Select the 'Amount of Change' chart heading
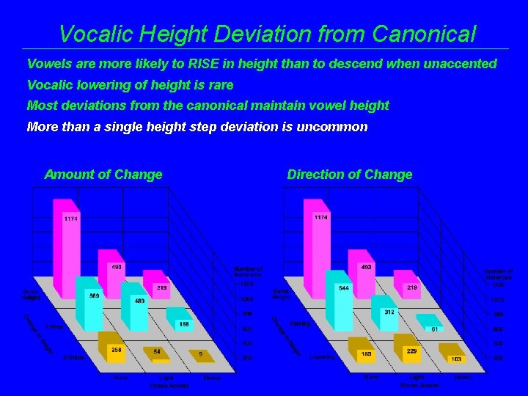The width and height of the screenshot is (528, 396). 103,175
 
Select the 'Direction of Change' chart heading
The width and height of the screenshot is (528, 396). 350,175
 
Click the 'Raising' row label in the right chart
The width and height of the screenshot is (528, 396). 300,323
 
